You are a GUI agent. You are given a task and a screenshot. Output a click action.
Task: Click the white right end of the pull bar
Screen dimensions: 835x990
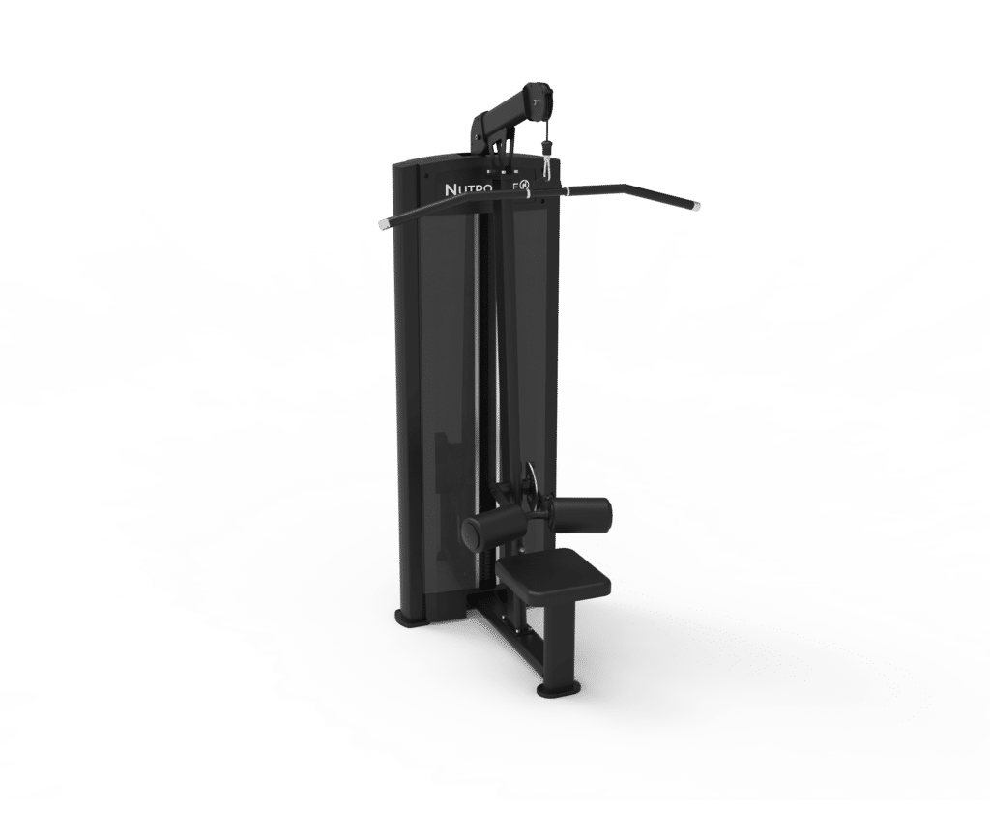click(693, 204)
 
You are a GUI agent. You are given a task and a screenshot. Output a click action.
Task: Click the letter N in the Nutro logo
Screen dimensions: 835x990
click(451, 190)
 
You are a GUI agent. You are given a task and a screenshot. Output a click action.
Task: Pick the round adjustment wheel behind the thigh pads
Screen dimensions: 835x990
click(528, 483)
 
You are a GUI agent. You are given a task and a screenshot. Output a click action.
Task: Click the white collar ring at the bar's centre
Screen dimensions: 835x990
click(529, 194)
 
